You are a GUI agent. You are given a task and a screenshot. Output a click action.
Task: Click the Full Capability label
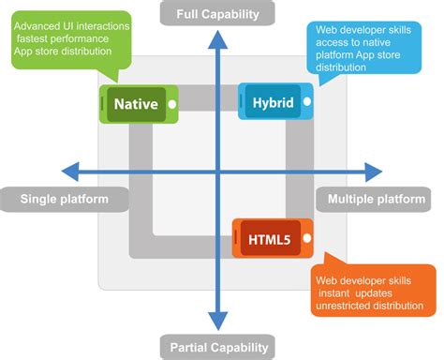click(217, 13)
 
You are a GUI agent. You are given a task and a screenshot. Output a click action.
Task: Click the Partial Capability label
click(217, 348)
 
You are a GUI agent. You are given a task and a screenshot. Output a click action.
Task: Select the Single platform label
click(65, 199)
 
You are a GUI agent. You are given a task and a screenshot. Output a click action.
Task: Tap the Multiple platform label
click(377, 199)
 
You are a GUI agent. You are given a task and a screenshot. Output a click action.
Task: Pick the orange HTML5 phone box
click(270, 238)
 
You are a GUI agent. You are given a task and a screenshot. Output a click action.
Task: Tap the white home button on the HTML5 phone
click(303, 238)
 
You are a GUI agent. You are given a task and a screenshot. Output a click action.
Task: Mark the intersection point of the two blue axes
click(217, 172)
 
